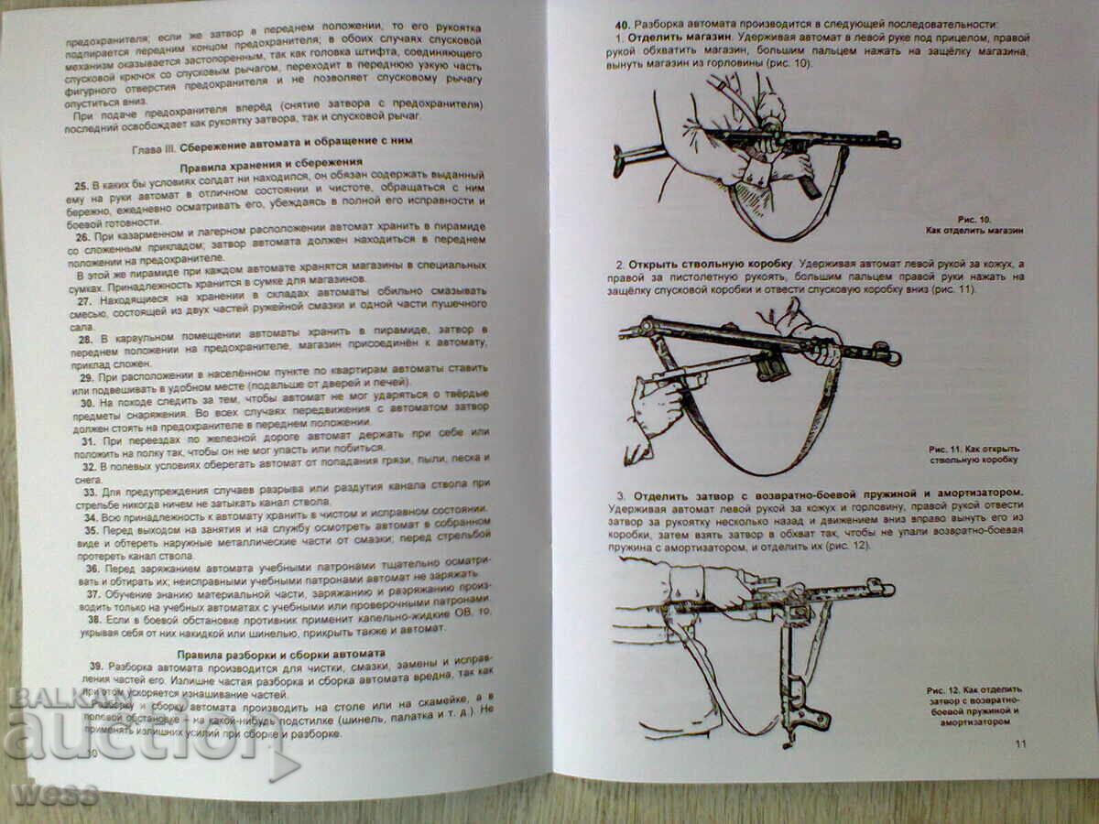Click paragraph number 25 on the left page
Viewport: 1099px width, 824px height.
pos(81,185)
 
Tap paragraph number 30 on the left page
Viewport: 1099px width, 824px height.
pos(86,402)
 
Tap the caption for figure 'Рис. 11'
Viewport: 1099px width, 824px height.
pos(974,453)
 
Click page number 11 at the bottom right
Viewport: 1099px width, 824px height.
pos(1020,743)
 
